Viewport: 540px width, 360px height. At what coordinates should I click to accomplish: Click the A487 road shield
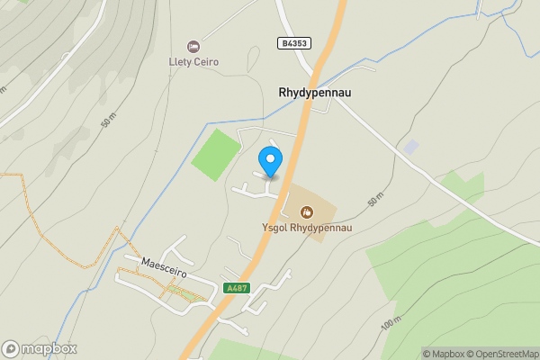tap(236, 288)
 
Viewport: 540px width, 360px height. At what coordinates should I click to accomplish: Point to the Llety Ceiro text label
tap(194, 62)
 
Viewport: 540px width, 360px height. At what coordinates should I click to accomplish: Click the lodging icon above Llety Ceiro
tap(193, 46)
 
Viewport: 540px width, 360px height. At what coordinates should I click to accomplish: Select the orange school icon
tap(307, 212)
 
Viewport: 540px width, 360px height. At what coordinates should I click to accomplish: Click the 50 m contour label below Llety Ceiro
tap(109, 120)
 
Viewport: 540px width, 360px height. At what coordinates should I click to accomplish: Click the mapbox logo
tap(40, 348)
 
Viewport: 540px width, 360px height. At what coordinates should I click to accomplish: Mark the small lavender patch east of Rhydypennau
tap(410, 146)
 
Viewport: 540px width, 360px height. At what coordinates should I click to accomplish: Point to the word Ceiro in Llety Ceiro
tap(206, 62)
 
